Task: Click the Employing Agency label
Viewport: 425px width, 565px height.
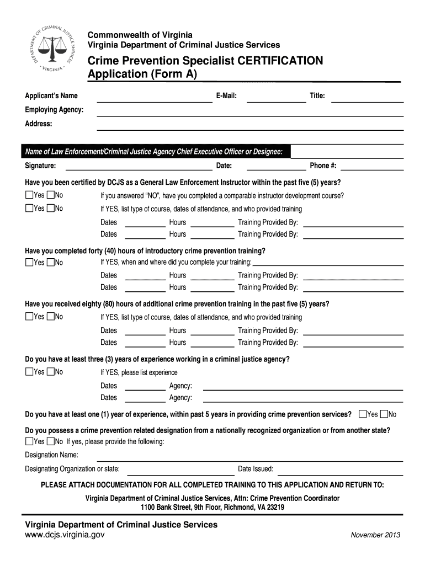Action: tap(54, 110)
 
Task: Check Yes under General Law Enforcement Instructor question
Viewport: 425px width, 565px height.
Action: tap(29, 195)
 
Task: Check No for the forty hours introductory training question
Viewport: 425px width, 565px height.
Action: tap(51, 262)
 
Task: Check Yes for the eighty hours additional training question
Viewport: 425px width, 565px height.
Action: tap(29, 317)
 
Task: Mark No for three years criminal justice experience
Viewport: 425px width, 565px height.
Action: tap(51, 372)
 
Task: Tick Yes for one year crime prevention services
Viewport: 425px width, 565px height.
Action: tap(363, 414)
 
